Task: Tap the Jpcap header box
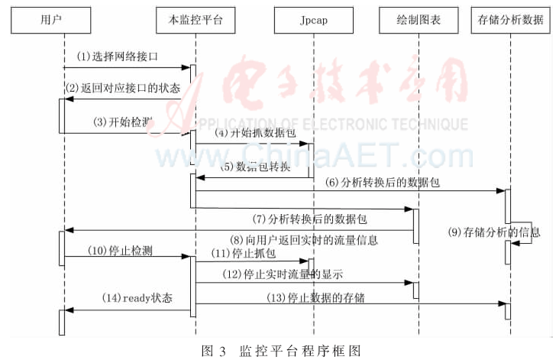click(x=313, y=20)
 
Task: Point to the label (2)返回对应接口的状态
click(x=123, y=87)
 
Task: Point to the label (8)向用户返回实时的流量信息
click(x=306, y=239)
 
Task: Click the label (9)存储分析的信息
click(x=490, y=232)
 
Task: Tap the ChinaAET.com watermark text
click(x=305, y=155)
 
